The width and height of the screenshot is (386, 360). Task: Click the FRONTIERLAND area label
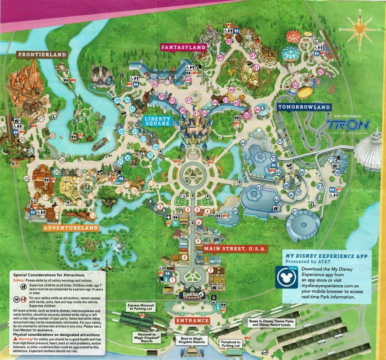pos(42,55)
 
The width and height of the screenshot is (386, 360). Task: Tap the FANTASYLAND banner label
pos(184,47)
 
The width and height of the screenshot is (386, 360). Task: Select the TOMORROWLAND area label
pos(304,107)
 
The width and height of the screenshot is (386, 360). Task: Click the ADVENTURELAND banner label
pos(70,228)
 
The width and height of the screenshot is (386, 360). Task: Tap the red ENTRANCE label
pos(192,321)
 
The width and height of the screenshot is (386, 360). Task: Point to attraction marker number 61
pos(295,212)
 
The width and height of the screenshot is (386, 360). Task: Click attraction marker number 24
pos(26,179)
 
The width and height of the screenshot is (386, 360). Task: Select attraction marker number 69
pos(235,211)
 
